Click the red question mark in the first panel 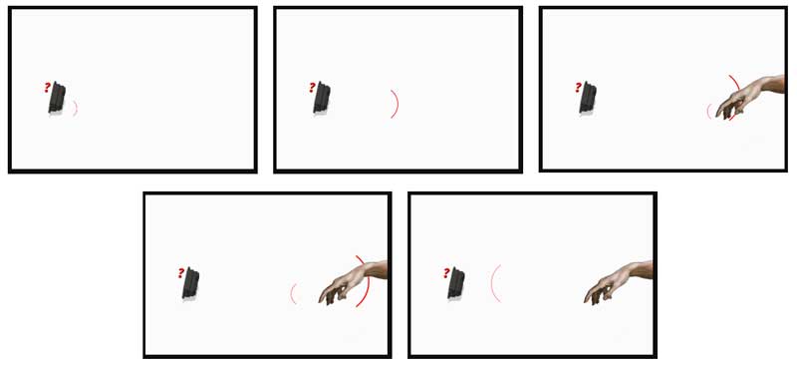(47, 88)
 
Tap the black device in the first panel (57, 97)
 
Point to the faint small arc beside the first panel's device (76, 108)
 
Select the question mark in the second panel (312, 88)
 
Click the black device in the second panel (322, 97)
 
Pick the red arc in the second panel (397, 104)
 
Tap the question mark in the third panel (578, 88)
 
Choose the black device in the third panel (588, 97)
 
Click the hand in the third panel (752, 96)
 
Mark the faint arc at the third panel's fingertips (708, 111)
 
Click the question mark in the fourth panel (181, 273)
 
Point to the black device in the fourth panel (190, 283)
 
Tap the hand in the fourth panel (355, 281)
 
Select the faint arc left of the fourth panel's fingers (292, 294)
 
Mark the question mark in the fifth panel (446, 273)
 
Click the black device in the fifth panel (456, 283)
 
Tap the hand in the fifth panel (620, 281)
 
